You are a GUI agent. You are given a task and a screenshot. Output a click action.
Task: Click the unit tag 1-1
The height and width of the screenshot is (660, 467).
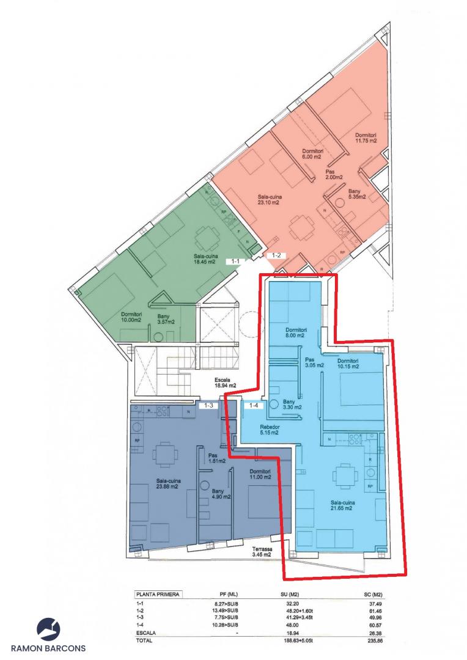click(235, 261)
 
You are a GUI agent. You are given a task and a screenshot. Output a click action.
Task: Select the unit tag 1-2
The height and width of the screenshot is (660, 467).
click(276, 255)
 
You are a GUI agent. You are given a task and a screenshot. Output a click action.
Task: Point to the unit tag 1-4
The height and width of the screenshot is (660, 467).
click(253, 406)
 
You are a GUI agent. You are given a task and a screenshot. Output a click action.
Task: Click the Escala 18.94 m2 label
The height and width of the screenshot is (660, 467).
click(225, 382)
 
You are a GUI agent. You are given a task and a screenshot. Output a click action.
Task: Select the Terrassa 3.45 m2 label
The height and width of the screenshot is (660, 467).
click(262, 552)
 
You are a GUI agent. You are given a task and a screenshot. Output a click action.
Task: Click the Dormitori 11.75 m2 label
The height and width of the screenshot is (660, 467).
click(366, 137)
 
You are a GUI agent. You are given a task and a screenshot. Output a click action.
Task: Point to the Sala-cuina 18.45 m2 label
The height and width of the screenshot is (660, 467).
click(204, 258)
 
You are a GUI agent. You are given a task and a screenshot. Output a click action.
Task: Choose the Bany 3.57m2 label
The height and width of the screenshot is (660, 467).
click(166, 319)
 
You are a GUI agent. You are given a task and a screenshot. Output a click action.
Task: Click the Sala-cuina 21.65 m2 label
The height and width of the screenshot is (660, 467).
click(342, 505)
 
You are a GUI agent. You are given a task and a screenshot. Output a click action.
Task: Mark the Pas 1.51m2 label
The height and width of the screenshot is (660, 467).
click(217, 458)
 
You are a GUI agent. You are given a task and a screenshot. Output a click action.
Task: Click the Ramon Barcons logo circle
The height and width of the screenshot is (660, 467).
click(48, 629)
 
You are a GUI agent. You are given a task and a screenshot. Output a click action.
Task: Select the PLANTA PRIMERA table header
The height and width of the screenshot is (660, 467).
click(158, 595)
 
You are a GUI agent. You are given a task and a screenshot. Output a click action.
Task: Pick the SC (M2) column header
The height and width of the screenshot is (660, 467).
click(373, 595)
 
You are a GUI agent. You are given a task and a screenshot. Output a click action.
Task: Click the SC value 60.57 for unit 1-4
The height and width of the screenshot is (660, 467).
click(375, 625)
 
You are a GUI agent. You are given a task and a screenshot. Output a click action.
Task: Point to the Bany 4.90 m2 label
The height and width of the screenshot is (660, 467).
click(221, 494)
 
